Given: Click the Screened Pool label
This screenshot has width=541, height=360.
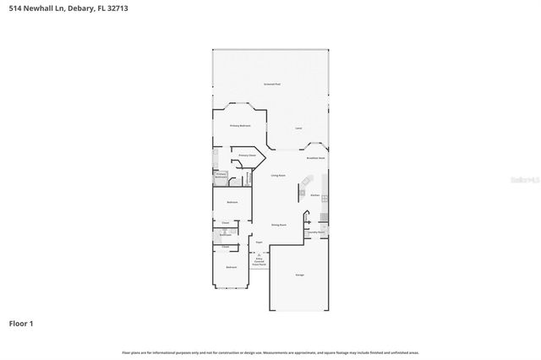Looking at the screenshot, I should [x=271, y=85].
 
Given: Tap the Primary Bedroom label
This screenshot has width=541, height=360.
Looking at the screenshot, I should [x=241, y=126].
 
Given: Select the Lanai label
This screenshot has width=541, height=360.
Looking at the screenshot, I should [x=298, y=128].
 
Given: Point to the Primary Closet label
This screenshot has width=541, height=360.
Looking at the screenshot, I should [x=247, y=156].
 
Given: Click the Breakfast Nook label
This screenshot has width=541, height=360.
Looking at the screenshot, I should [x=316, y=158].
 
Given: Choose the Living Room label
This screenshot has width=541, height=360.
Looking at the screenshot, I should [x=278, y=176].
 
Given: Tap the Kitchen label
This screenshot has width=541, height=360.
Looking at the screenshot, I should [x=314, y=195].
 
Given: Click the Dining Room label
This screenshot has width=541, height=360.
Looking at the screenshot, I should [x=279, y=225].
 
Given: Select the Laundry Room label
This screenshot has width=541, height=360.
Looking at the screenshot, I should [x=316, y=232].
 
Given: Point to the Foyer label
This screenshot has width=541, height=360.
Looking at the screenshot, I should [x=260, y=243].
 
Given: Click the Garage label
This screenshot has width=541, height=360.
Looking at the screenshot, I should [x=299, y=275].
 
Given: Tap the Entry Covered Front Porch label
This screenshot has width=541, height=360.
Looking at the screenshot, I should [x=260, y=261].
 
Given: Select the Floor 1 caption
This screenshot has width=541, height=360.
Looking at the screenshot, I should [x=21, y=323].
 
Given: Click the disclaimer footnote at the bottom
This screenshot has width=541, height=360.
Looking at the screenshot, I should [x=270, y=352].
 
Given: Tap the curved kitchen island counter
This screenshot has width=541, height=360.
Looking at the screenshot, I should [x=308, y=183].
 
